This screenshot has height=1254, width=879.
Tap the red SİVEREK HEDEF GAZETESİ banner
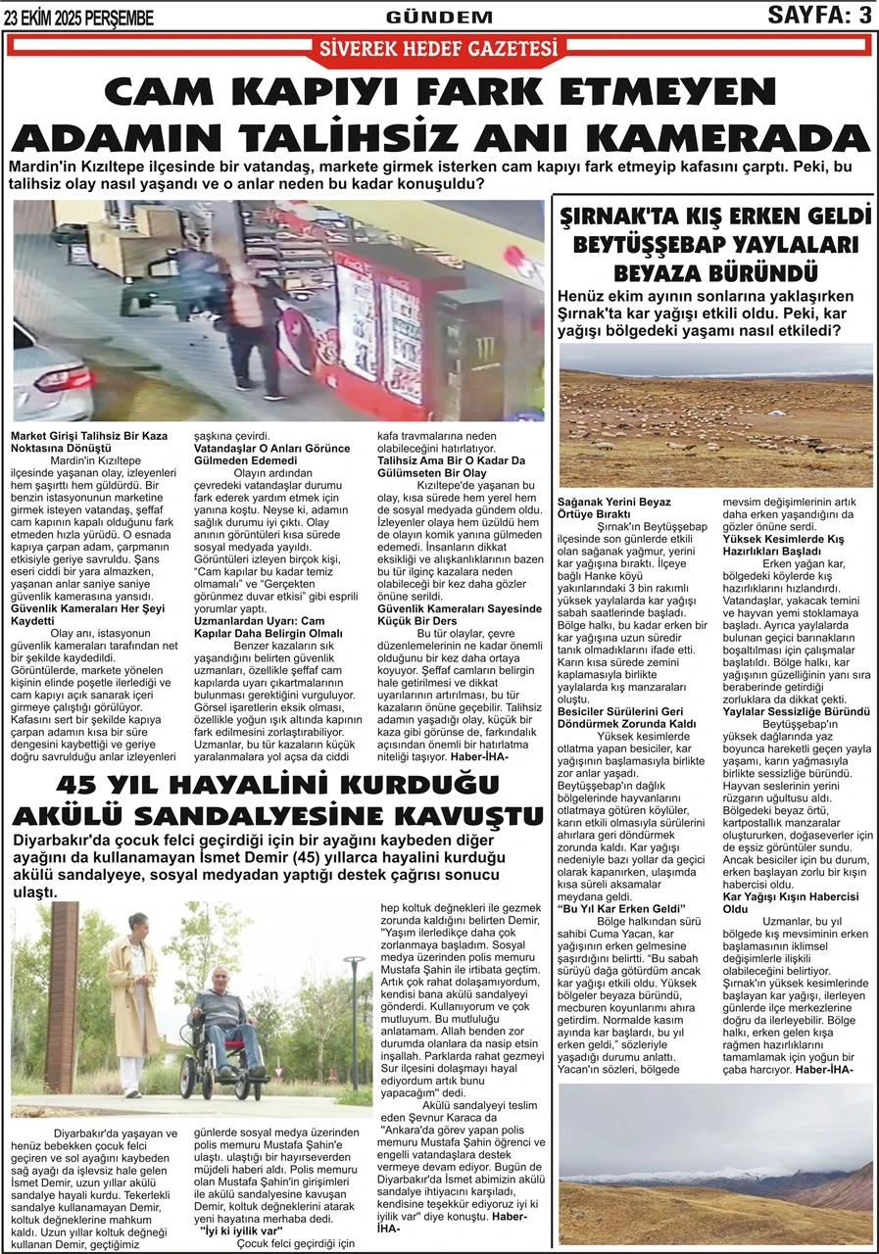(x=439, y=48)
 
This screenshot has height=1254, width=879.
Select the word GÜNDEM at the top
(x=439, y=17)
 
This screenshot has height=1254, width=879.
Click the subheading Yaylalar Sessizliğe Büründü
(x=796, y=710)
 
